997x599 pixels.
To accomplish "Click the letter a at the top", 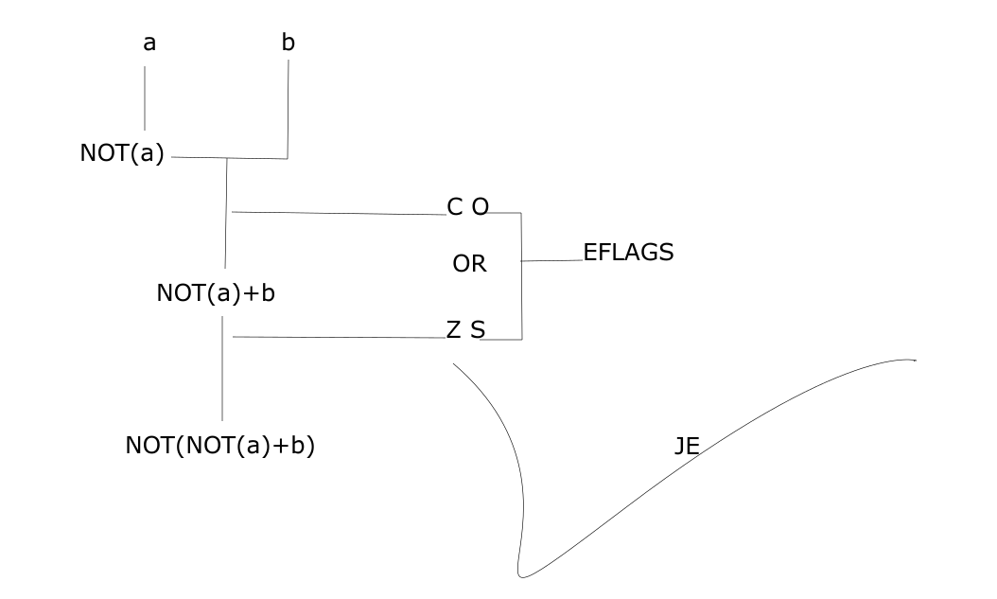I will point(149,44).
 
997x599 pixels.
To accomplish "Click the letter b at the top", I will point(288,43).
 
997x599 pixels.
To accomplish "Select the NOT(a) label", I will point(122,153).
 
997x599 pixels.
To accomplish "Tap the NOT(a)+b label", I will point(216,293).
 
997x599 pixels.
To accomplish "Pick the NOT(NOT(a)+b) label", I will point(219,446).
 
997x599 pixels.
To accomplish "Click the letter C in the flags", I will point(455,207).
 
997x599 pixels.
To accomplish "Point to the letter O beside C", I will point(480,207).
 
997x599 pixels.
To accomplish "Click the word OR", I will point(469,264).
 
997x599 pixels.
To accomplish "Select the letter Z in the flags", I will point(454,329).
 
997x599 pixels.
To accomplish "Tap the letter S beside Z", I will point(478,329).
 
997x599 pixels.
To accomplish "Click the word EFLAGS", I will point(628,253).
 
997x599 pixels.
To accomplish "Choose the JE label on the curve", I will point(687,447).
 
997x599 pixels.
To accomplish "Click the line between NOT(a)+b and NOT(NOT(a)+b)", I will point(222,369).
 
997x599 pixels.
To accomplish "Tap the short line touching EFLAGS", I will point(552,260).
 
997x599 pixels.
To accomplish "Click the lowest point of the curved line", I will point(522,574).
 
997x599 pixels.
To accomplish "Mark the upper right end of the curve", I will point(914,360).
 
